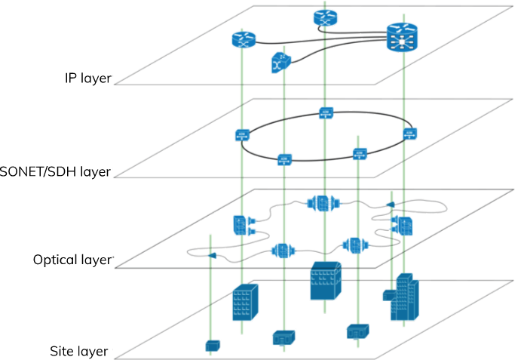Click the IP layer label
88,78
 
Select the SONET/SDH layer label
55,171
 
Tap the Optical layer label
72,260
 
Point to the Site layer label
79,351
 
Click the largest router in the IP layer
402,37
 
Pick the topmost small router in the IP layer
325,18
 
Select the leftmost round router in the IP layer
244,40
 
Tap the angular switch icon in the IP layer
280,63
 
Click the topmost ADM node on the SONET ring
326,112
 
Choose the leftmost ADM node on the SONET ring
242,135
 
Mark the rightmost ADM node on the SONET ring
410,134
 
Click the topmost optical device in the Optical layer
323,203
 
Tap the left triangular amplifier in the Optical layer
212,255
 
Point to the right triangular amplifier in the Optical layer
390,205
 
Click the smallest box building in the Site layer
213,346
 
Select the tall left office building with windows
245,303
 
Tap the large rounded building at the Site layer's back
326,281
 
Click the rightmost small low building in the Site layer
357,331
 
